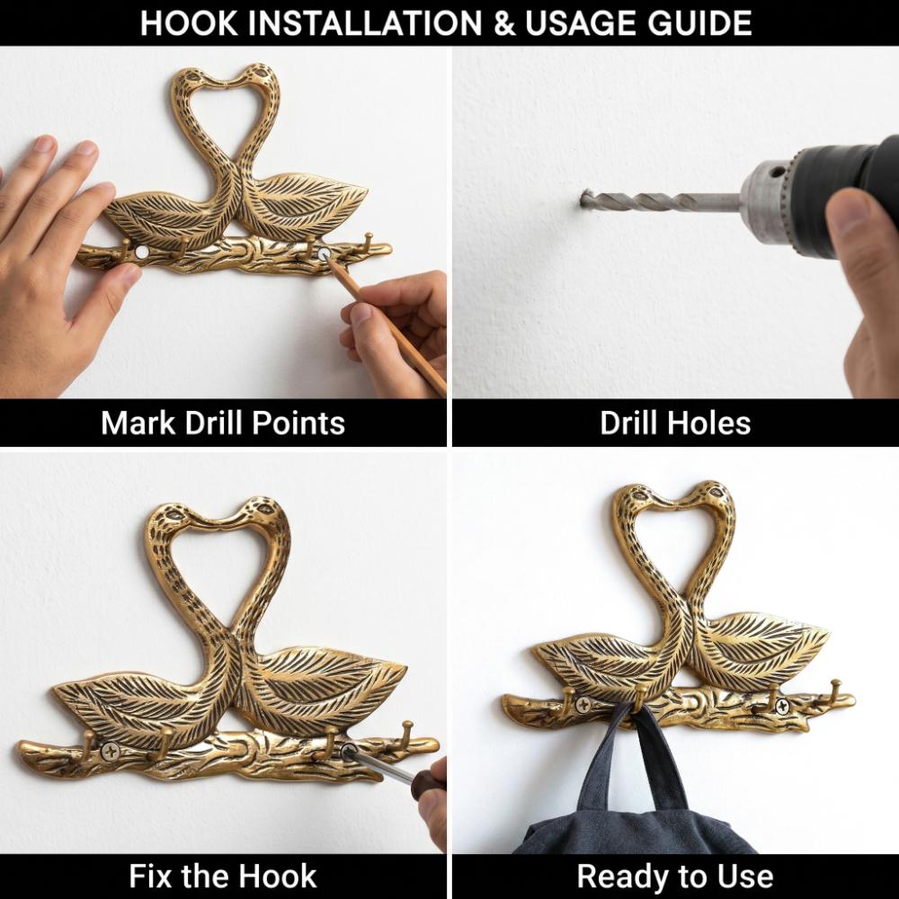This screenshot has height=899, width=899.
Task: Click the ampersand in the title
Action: (504, 23)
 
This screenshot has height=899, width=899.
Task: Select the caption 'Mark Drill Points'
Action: (223, 423)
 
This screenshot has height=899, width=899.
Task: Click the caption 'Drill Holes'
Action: (675, 423)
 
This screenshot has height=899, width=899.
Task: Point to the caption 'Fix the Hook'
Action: (223, 876)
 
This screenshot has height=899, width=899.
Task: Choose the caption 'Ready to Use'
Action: (675, 876)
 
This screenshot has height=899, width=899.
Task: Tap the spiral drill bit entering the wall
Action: (659, 201)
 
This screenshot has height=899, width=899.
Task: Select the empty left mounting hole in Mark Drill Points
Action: (142, 252)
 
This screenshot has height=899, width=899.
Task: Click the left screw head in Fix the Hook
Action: (110, 751)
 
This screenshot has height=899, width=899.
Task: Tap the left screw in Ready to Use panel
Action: (583, 705)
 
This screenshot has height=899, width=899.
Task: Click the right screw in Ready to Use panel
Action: (782, 706)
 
